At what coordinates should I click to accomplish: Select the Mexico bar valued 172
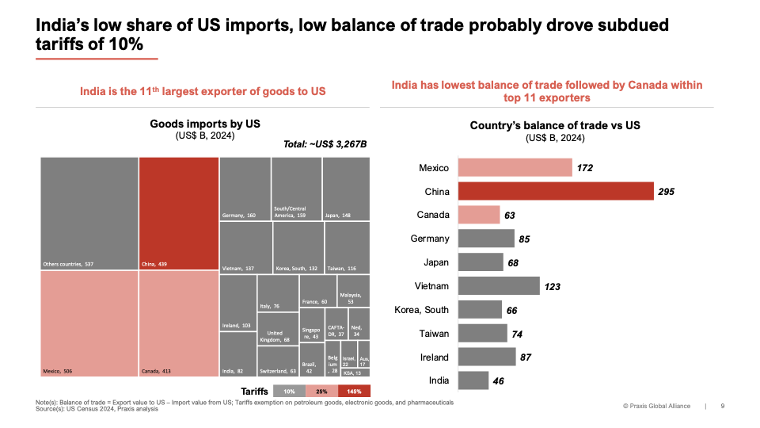[x=515, y=167]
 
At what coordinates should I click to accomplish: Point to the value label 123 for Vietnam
[x=551, y=286]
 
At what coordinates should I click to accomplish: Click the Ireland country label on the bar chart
[x=434, y=357]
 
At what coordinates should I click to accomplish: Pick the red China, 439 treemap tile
[x=178, y=214]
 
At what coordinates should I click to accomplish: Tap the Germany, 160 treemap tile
[x=245, y=189]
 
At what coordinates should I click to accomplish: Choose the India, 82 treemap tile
[x=238, y=353]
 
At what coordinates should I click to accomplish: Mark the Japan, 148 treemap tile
[x=346, y=189]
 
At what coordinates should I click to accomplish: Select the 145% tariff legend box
[x=354, y=391]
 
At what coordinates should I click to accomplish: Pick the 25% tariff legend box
[x=321, y=391]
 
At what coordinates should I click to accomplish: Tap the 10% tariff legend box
[x=289, y=391]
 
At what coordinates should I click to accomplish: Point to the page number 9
[x=722, y=406]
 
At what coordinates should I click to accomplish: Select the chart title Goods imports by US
[x=205, y=124]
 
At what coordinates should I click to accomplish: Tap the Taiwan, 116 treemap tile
[x=347, y=247]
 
